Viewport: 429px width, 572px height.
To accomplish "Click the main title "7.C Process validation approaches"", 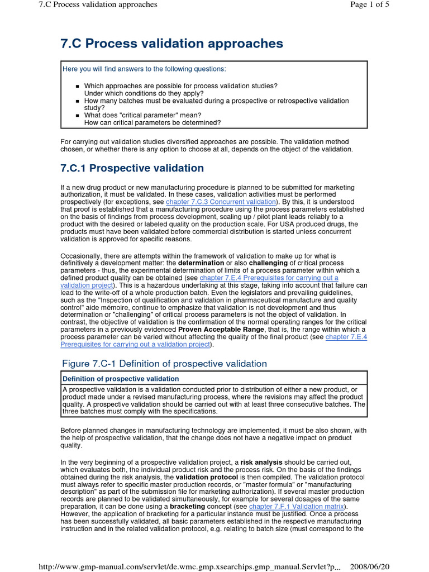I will [x=171, y=44].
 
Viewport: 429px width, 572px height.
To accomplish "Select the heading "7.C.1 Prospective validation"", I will [x=132, y=168].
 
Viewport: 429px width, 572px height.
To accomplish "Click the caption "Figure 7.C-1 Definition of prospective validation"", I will [x=164, y=364].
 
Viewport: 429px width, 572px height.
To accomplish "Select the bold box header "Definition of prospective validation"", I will [x=121, y=379].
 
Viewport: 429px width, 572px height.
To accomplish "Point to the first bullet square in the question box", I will [x=78, y=86].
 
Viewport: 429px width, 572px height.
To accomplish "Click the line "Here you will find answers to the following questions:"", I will [x=145, y=69].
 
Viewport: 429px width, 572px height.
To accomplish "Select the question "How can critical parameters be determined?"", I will [x=152, y=122].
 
